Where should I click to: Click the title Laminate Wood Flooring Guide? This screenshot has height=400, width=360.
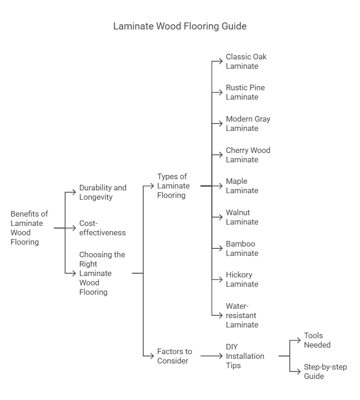click(x=180, y=26)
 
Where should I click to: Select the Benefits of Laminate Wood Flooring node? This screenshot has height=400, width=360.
click(x=29, y=228)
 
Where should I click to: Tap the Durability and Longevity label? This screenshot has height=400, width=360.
click(x=103, y=192)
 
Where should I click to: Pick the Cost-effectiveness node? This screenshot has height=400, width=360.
click(x=102, y=228)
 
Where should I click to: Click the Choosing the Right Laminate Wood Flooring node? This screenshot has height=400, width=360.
click(x=102, y=273)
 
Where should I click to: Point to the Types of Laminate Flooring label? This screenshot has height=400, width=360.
click(x=173, y=186)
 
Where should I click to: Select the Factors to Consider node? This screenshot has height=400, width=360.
click(x=174, y=356)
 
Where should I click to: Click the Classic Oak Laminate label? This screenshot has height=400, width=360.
click(x=246, y=61)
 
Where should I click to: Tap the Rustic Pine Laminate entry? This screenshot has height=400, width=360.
click(x=245, y=92)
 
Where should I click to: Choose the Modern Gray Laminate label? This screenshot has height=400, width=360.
click(x=248, y=124)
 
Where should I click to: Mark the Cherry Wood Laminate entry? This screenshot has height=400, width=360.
click(x=248, y=155)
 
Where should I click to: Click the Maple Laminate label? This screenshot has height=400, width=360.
click(x=242, y=186)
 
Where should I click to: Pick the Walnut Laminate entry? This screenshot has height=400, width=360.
click(x=242, y=217)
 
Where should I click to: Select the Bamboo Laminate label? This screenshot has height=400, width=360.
click(x=242, y=248)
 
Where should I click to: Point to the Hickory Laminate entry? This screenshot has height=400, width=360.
click(x=242, y=279)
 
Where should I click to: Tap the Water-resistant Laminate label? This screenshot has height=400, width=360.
click(x=242, y=315)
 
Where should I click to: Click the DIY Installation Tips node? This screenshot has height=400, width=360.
click(x=245, y=356)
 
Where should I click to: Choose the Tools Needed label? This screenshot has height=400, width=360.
click(x=317, y=340)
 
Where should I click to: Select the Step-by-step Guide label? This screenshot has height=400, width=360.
click(x=325, y=371)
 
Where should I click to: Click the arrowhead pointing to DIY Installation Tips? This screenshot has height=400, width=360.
click(x=220, y=356)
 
